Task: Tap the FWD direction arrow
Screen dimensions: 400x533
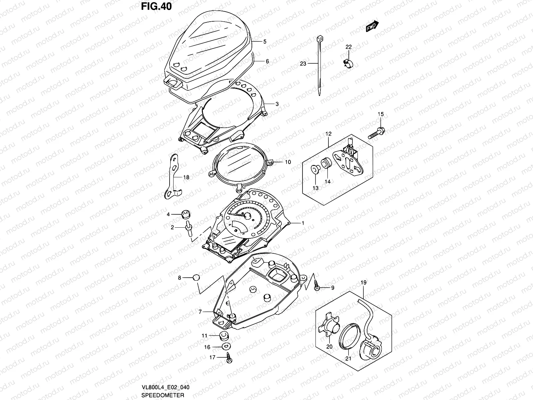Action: [x=372, y=27]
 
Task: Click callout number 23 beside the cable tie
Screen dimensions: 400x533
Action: [x=303, y=64]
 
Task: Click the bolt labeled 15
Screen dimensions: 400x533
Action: [x=376, y=132]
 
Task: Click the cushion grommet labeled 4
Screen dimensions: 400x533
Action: [x=186, y=214]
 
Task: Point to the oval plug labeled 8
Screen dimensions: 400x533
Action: [x=197, y=278]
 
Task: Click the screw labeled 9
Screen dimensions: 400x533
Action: [x=317, y=288]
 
